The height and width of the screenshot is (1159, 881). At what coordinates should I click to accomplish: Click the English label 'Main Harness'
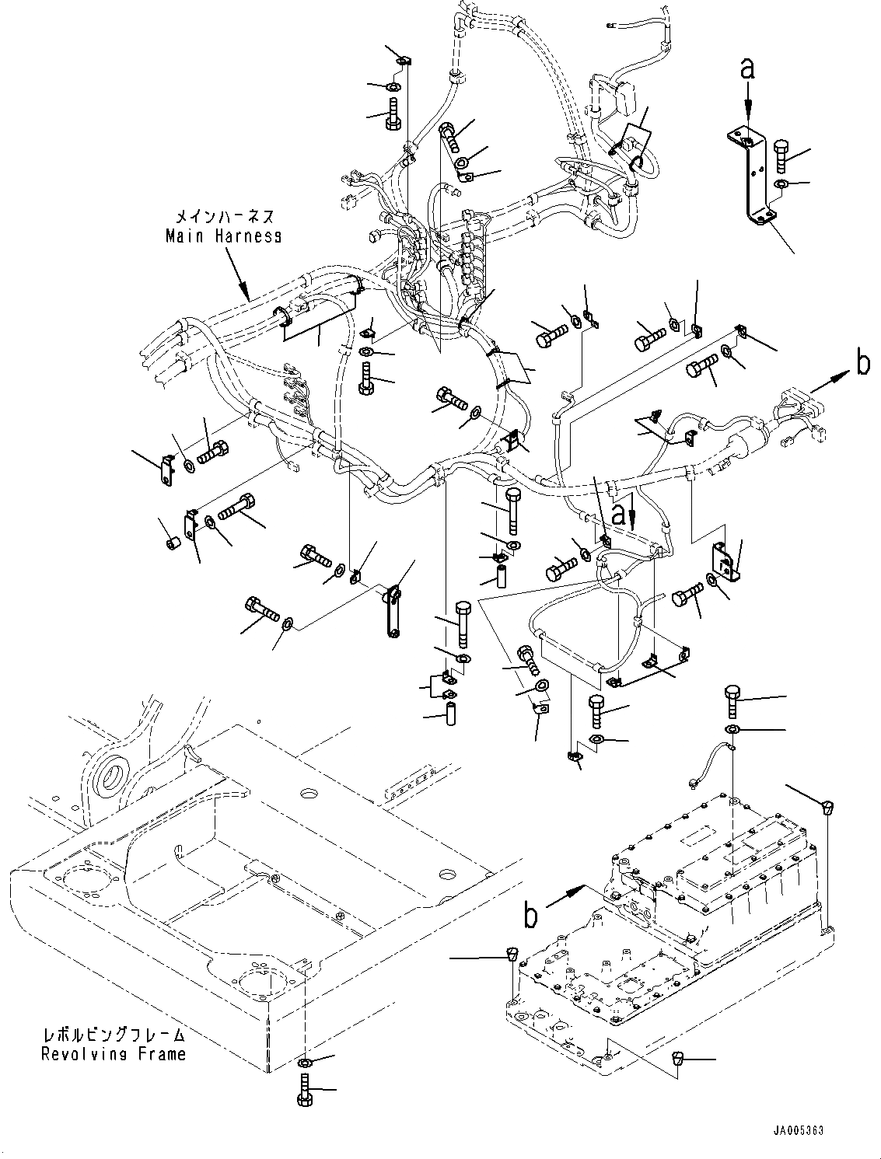[x=223, y=236]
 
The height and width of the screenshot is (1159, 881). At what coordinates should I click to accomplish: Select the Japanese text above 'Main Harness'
[x=224, y=217]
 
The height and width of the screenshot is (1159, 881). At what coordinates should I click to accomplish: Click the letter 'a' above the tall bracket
[x=746, y=68]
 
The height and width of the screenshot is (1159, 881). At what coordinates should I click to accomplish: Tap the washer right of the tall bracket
[x=780, y=184]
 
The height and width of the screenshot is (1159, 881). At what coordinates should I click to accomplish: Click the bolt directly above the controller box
[x=732, y=700]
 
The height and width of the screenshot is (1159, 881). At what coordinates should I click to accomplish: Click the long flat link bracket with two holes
[x=391, y=612]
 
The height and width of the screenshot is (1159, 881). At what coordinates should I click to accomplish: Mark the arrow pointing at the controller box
[x=565, y=897]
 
